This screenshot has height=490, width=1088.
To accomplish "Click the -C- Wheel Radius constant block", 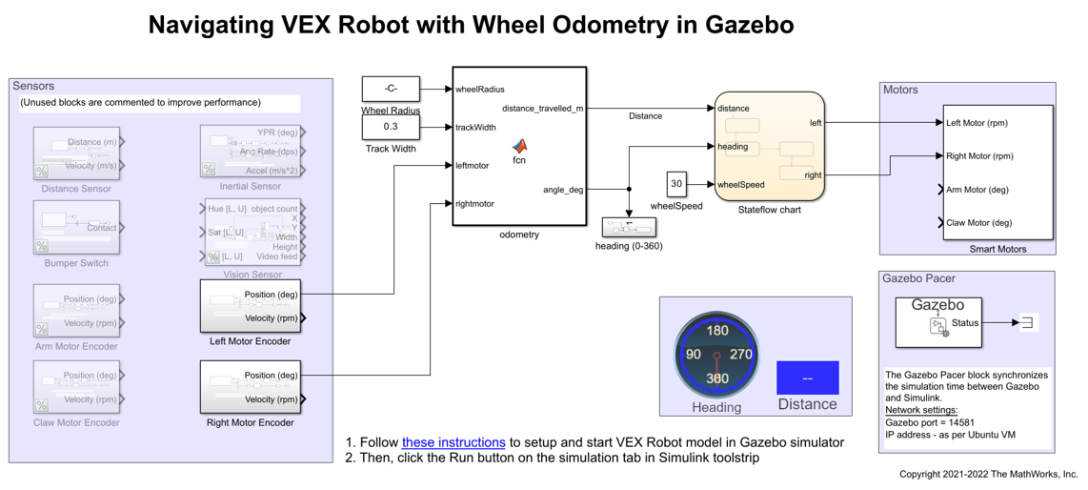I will (x=391, y=89).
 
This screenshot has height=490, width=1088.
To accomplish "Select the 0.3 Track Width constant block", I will (x=391, y=126).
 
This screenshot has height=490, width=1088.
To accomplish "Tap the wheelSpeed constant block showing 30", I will (x=676, y=184).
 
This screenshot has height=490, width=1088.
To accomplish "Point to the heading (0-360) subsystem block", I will (x=629, y=228).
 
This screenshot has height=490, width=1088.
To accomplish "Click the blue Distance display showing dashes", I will (x=807, y=378).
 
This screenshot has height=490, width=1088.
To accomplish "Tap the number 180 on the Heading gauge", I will (x=716, y=331).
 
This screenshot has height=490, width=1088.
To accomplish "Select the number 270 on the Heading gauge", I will (x=740, y=354).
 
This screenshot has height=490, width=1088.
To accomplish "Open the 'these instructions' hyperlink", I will (x=453, y=442).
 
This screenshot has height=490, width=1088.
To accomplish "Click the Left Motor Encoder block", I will (x=251, y=306).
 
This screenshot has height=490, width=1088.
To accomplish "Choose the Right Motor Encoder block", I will (x=251, y=387).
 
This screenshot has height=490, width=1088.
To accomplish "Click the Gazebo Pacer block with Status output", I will (x=937, y=322).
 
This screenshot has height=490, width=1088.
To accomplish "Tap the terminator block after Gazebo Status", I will (x=1027, y=322).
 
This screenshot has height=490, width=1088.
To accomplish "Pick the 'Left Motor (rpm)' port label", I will (x=977, y=123).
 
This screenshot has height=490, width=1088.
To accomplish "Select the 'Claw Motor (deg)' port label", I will (x=978, y=223).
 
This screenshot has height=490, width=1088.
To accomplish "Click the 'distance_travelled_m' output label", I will (x=542, y=109).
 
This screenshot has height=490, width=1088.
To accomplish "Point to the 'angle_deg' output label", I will (x=563, y=190).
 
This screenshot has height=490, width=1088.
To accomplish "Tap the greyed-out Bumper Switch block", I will (x=76, y=228).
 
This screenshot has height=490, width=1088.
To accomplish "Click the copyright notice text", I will (x=988, y=474).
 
